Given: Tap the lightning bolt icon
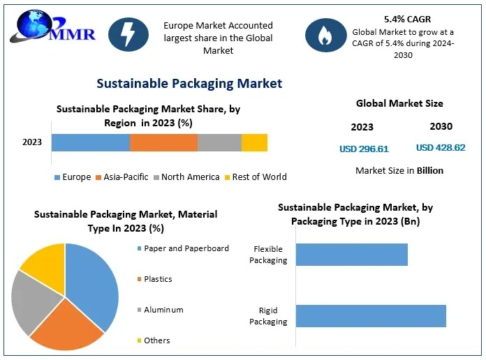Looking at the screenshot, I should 128,34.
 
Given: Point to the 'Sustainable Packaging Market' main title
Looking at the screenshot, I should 189,84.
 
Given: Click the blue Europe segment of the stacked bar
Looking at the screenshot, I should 91,142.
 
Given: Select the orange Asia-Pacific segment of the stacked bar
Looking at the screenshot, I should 163,142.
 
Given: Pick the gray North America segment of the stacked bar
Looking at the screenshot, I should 219,142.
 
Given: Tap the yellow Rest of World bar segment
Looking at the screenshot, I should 254,142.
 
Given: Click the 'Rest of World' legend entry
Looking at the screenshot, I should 255,177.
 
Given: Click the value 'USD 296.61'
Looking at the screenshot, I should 364,149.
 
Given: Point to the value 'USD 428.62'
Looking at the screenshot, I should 441,148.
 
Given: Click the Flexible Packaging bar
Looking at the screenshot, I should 352,255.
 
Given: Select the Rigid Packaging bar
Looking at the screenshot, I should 371,316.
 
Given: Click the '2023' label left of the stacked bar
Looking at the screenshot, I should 32,142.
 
